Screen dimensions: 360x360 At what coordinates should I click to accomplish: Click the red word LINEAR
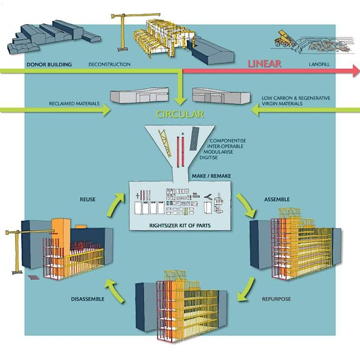(x=264, y=63)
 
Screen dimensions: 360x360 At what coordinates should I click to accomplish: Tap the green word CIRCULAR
(x=180, y=114)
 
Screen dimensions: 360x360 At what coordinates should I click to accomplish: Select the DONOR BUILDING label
(x=49, y=64)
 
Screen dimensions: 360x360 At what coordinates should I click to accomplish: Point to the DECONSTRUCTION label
(x=109, y=64)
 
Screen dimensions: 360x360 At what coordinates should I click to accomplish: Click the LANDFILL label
(x=319, y=64)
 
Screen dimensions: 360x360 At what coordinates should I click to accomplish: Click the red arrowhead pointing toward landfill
(x=356, y=70)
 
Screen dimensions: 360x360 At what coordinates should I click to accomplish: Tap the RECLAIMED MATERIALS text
(x=74, y=103)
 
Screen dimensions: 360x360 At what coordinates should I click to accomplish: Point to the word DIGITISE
(x=208, y=157)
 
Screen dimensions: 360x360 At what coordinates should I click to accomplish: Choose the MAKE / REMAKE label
(x=211, y=176)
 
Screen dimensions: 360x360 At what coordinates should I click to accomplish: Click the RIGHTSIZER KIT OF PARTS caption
(x=180, y=225)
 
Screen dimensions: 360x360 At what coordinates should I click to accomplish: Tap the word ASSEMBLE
(x=277, y=199)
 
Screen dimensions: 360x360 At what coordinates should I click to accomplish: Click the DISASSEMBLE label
(x=87, y=299)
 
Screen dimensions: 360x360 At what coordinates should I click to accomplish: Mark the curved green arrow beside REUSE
(x=115, y=204)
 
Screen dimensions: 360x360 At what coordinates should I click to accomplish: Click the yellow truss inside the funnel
(x=164, y=143)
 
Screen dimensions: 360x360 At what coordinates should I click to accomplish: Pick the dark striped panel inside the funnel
(x=194, y=138)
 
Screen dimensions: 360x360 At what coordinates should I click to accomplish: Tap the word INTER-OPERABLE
(x=225, y=146)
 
